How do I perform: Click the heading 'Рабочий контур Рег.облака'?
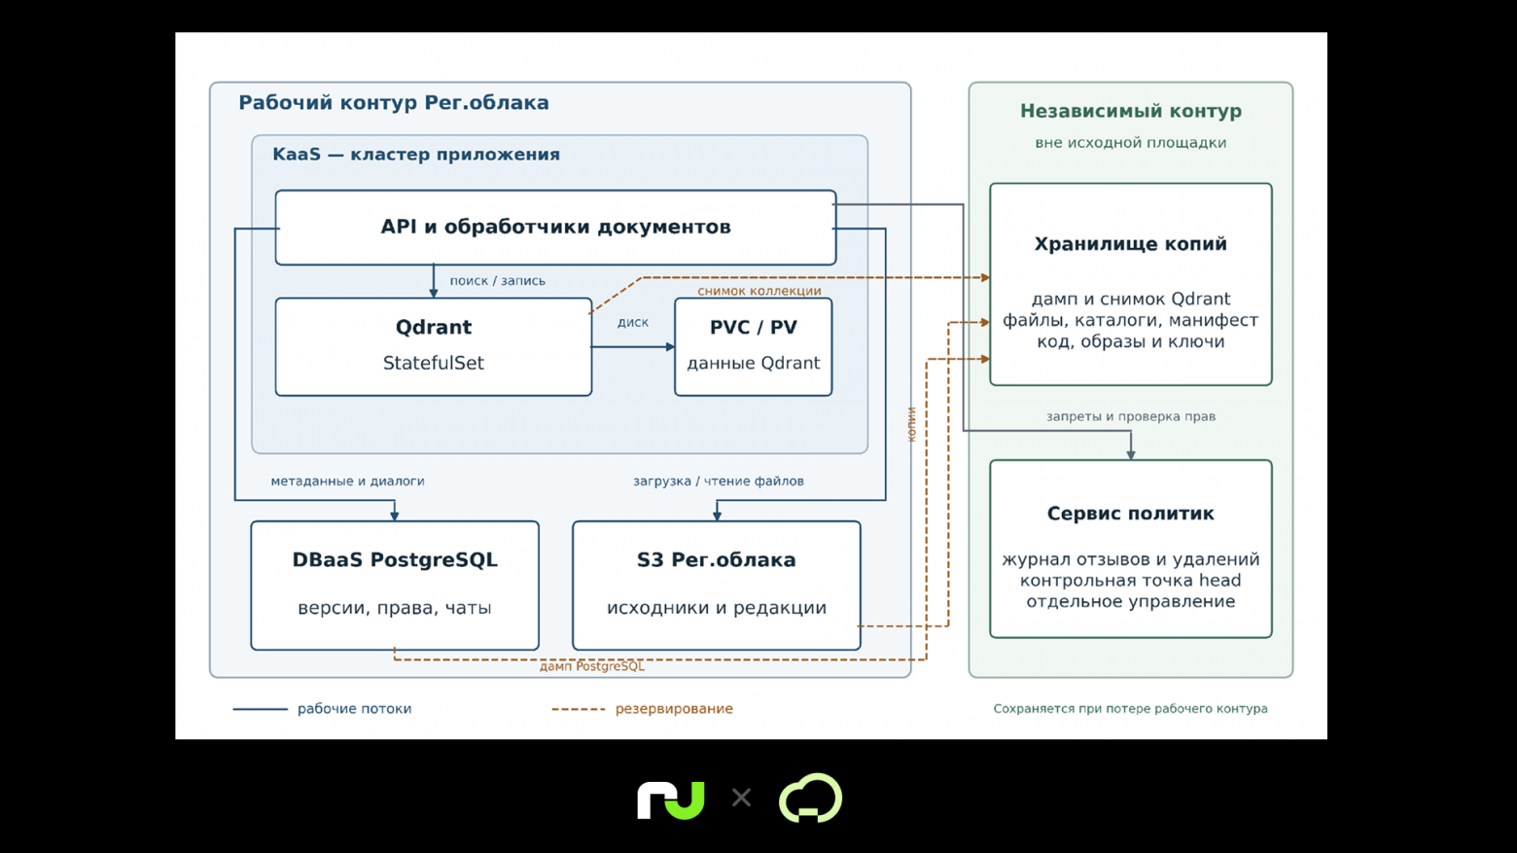pos(394,103)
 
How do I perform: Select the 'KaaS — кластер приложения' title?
pos(416,155)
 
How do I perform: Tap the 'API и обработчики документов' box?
pos(555,228)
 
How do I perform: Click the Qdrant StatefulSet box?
pos(434,347)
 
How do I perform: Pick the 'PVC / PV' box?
pos(753,347)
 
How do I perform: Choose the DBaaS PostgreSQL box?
pos(395,586)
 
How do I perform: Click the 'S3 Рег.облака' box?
pos(717,586)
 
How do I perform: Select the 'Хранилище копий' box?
pos(1131,284)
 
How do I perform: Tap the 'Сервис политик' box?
pos(1131,549)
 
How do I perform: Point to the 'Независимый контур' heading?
pos(1131,111)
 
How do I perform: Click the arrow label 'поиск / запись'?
pos(498,281)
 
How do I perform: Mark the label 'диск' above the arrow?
pos(632,323)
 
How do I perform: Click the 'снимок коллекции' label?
pos(759,291)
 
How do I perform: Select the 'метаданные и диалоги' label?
pos(347,481)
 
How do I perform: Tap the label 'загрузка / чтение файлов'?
pos(719,481)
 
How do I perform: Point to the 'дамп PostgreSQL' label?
pos(592,666)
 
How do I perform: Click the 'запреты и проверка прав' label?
pos(1131,416)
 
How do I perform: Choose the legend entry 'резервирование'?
pos(674,709)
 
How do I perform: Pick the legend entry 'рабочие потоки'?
pos(354,709)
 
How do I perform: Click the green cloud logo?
pos(811,799)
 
